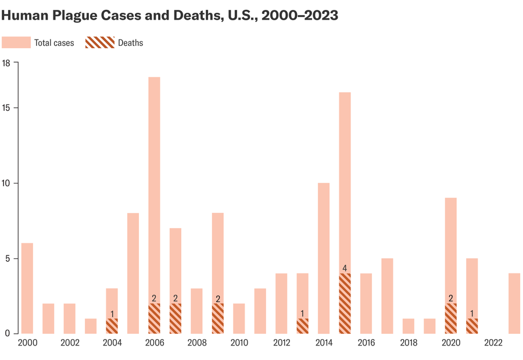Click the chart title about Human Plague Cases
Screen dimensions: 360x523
point(170,16)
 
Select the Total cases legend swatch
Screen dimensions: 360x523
point(16,42)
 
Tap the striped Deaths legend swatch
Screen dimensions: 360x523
point(99,42)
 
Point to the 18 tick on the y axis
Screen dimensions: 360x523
point(7,63)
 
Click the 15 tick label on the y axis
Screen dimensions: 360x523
point(7,108)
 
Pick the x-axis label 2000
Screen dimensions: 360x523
point(27,343)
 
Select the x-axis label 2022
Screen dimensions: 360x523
point(493,343)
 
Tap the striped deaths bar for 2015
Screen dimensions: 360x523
point(345,303)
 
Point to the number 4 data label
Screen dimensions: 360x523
point(345,268)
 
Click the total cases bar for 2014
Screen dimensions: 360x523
point(324,258)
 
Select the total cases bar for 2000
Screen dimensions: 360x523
point(27,288)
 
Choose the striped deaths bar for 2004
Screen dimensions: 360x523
point(112,326)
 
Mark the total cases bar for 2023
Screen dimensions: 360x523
point(514,303)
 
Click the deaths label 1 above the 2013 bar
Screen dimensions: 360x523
point(302,314)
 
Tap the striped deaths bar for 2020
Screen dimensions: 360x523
point(450,318)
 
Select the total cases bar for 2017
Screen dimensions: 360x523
point(387,296)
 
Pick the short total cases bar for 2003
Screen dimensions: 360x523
point(91,326)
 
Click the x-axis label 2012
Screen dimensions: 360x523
point(281,343)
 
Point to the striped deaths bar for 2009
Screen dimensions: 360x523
point(218,318)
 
